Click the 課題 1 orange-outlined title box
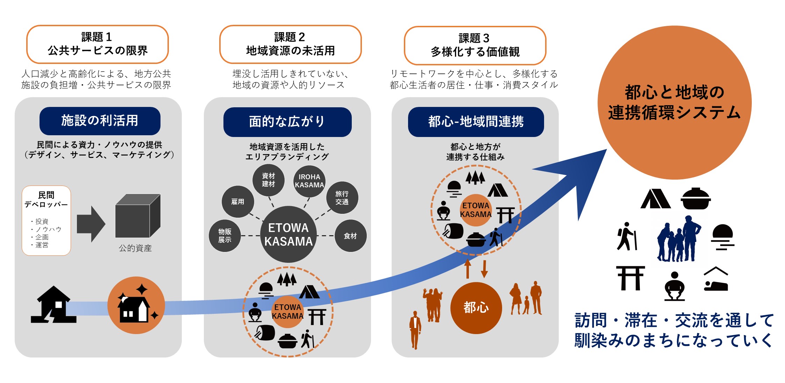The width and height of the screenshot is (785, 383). click(x=97, y=44)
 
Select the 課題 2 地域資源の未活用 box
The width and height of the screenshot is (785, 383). click(x=290, y=44)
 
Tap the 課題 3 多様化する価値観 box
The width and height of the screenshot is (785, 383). click(x=475, y=45)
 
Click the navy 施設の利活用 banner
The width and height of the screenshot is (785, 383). click(x=100, y=121)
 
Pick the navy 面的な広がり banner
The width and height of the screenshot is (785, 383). click(x=287, y=122)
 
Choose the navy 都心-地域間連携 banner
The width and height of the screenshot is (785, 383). click(x=476, y=122)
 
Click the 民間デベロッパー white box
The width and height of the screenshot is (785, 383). click(x=46, y=220)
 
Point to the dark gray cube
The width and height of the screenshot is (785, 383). click(x=137, y=216)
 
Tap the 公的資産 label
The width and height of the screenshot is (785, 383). click(x=135, y=248)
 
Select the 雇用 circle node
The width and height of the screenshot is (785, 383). click(x=238, y=202)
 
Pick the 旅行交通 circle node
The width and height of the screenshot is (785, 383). click(x=342, y=198)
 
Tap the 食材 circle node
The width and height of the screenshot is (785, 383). click(x=350, y=236)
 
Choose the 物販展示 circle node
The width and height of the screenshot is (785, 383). click(x=224, y=236)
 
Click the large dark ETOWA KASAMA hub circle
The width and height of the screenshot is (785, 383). click(x=288, y=234)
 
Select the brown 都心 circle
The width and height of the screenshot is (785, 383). click(x=476, y=308)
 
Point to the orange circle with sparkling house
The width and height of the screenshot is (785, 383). click(x=136, y=305)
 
